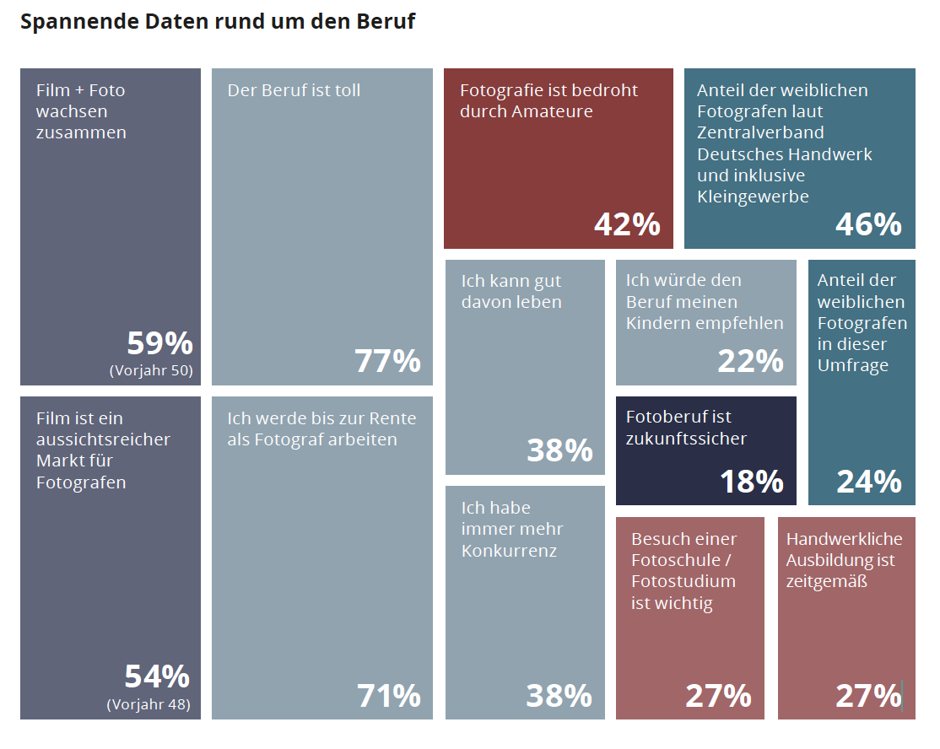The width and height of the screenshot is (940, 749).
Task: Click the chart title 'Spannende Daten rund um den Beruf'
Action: (x=218, y=22)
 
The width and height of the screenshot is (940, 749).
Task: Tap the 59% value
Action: (x=160, y=343)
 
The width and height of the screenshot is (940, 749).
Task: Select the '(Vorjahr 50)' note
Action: (x=151, y=369)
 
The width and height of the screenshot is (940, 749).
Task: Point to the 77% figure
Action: (x=388, y=361)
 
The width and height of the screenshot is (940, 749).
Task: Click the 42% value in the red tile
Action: (x=627, y=224)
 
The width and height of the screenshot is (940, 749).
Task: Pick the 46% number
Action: (x=868, y=224)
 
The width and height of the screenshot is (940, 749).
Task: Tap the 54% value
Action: (x=158, y=676)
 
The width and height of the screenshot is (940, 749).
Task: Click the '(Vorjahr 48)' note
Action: (x=149, y=704)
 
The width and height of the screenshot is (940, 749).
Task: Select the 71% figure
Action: (x=388, y=696)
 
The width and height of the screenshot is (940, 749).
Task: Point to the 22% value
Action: (x=750, y=361)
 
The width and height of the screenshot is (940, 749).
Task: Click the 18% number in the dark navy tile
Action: (x=751, y=482)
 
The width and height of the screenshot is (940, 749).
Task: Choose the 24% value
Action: (x=869, y=482)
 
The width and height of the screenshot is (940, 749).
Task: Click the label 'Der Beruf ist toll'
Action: (x=294, y=89)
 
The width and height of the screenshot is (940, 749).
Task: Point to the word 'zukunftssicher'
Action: (x=686, y=439)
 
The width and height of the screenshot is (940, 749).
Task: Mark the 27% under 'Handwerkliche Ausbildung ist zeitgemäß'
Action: (x=868, y=696)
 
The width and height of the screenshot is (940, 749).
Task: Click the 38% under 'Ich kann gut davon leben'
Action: (x=559, y=450)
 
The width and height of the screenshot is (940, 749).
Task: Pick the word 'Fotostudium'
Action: (x=683, y=581)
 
